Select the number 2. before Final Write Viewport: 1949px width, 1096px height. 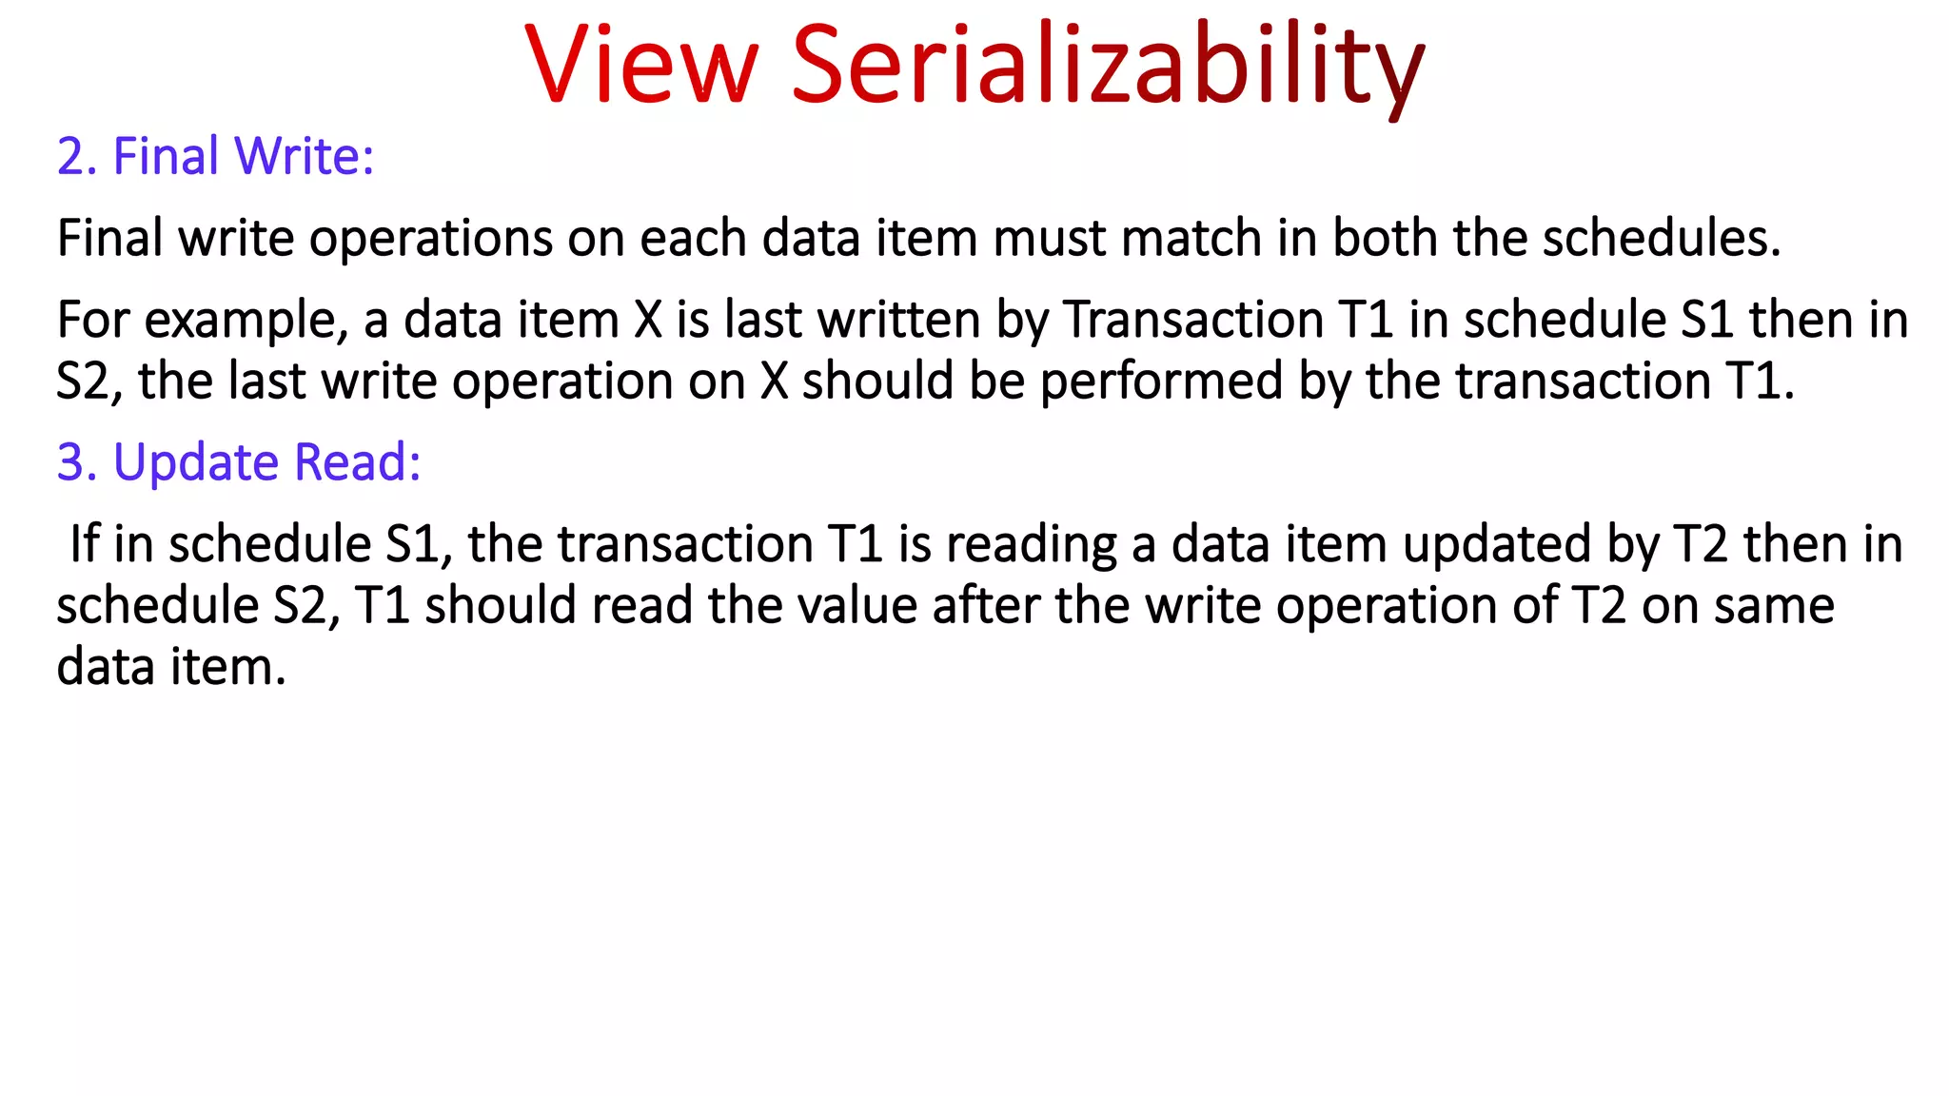tap(77, 157)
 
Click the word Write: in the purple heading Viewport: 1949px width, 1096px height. tap(304, 157)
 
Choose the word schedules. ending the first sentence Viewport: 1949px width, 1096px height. tap(1661, 238)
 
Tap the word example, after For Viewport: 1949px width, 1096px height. tap(246, 321)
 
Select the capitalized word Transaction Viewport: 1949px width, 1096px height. tap(1192, 321)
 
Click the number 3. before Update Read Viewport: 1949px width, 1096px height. tap(77, 463)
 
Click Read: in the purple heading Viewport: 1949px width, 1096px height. tap(358, 463)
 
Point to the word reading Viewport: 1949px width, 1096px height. tap(1032, 545)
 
